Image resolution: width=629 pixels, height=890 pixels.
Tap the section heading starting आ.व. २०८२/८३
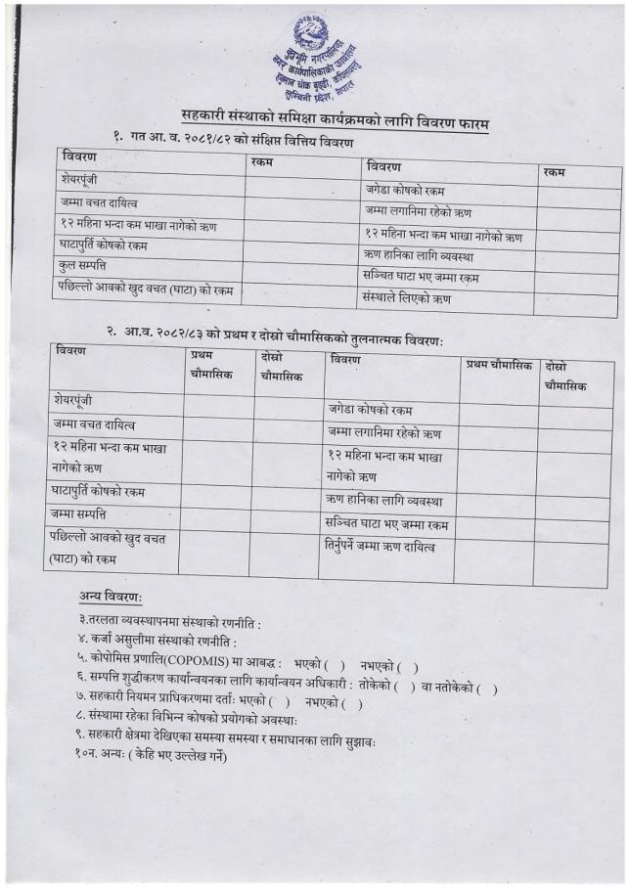pyautogui.click(x=282, y=334)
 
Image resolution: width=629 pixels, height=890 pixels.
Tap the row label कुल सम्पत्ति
pyautogui.click(x=83, y=265)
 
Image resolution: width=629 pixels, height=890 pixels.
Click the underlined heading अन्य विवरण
pyautogui.click(x=111, y=597)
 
